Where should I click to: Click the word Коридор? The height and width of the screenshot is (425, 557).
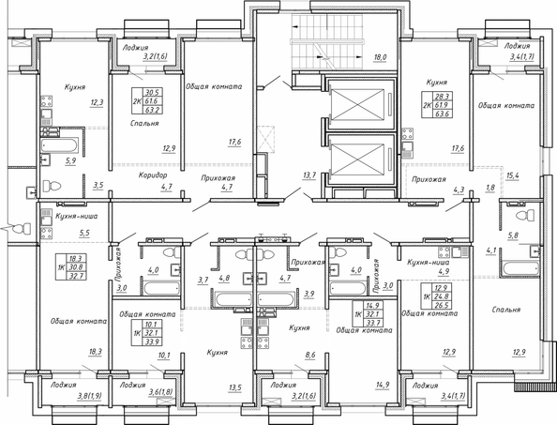point(152,175)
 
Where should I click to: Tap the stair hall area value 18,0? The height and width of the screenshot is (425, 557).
point(380,57)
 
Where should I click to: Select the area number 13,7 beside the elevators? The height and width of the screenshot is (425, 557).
point(309,175)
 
